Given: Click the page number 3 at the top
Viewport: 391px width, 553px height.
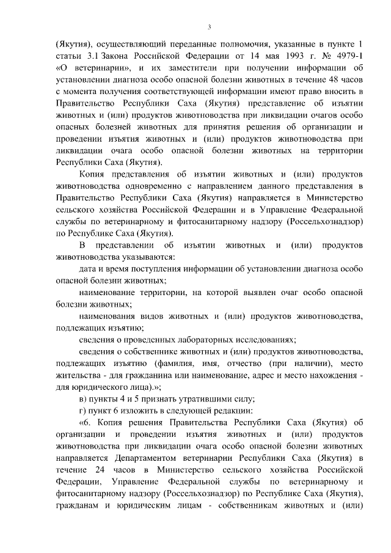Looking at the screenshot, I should (209, 27).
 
